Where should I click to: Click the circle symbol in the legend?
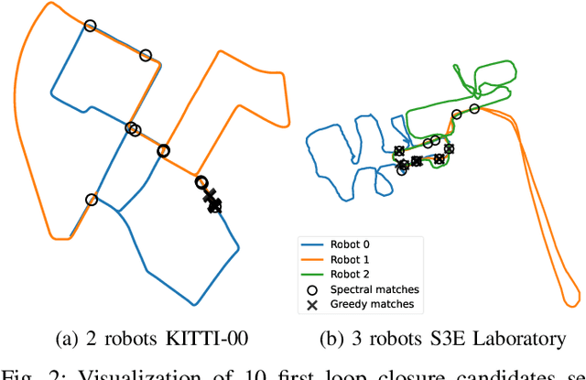(x=312, y=289)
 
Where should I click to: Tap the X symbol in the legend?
(x=312, y=304)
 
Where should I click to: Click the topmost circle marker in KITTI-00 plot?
(x=90, y=27)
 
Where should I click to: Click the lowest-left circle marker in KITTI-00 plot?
(x=91, y=200)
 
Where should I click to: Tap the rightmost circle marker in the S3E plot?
(x=474, y=109)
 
